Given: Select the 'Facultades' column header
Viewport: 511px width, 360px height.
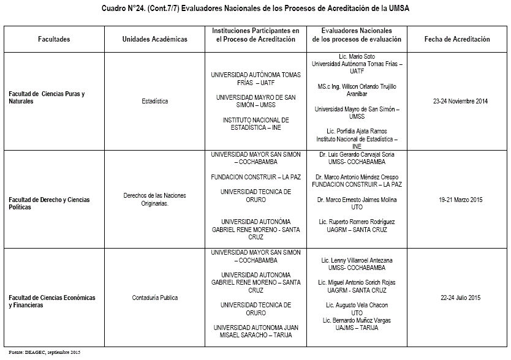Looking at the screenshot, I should pos(54,39).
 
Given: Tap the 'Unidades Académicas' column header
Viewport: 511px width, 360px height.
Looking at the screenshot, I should pos(154,39).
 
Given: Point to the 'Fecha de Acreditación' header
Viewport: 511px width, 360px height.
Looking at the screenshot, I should pos(457,39).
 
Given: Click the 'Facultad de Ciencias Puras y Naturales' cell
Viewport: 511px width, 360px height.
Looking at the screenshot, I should pos(47,97).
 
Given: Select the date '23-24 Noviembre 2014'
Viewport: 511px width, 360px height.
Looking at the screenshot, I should pos(460,102).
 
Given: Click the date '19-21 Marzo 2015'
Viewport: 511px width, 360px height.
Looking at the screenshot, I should pos(461,200).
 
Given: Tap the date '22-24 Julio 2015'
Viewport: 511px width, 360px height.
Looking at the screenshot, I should pos(460,298).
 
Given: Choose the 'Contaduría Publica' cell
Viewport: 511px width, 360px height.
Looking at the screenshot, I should pos(154,298).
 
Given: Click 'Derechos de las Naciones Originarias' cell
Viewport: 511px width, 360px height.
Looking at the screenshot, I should pos(154,200).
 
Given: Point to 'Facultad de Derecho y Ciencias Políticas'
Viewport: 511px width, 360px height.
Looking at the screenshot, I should pos(49,203).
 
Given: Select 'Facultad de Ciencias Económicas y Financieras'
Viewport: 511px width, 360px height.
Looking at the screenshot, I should pos(52,301).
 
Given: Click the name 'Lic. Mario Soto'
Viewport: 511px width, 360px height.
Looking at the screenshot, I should pos(357,56).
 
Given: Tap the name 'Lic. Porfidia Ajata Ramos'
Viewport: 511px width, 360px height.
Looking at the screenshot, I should pos(357,132).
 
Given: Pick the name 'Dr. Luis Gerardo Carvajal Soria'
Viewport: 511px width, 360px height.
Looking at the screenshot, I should pos(357,155).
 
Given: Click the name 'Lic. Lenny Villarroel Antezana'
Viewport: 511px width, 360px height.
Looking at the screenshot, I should pos(357,260).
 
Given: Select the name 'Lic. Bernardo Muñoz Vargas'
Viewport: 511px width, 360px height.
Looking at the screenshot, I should pos(357,320).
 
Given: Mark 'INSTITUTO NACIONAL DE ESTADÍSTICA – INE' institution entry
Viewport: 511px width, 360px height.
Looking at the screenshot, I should pos(255,124).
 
